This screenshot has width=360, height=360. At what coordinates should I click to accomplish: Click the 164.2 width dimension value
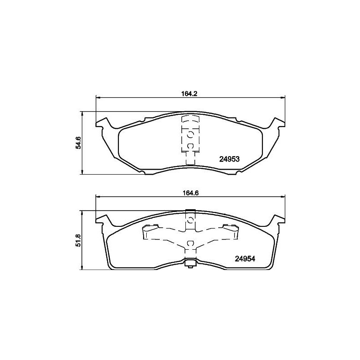point(189,94)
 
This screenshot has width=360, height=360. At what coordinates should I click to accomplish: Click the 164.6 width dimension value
point(190,193)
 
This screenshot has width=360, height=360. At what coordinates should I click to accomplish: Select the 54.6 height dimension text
point(78,143)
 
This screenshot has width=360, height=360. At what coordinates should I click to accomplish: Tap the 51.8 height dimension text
point(78,240)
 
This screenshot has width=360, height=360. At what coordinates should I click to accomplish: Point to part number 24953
point(229,159)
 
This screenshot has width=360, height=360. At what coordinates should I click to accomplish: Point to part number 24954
point(245,259)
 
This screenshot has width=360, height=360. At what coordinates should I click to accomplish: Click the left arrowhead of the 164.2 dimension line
point(98,98)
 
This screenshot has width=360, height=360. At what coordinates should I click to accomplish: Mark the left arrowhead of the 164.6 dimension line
point(98,197)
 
